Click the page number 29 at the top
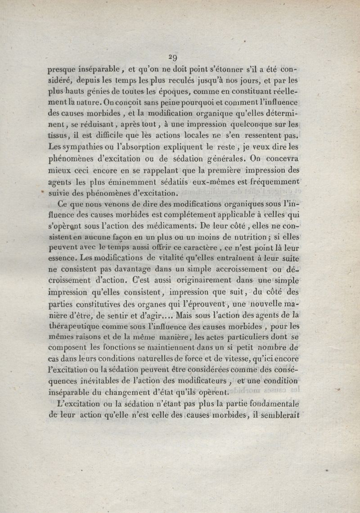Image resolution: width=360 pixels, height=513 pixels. click(172, 57)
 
